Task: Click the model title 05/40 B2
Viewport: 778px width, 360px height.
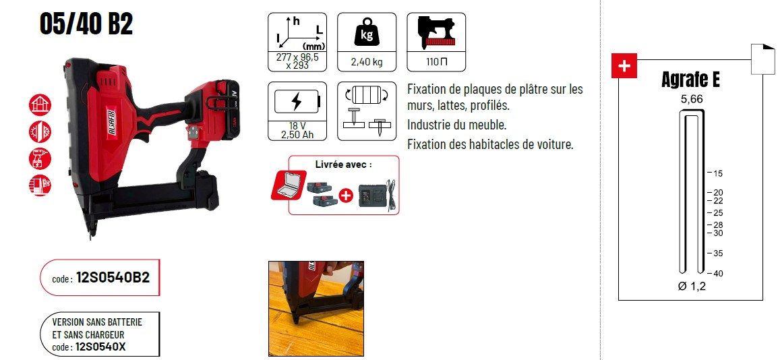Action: [x=86, y=24]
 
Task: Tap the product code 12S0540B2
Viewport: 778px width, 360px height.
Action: [x=113, y=278]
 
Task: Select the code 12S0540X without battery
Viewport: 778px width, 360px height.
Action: [x=100, y=347]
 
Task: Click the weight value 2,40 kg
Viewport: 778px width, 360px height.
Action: [x=367, y=63]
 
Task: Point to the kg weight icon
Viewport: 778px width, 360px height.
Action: [x=367, y=32]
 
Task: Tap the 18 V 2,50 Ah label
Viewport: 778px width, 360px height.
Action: [x=297, y=130]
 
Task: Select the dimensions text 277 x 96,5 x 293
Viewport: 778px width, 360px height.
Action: [x=297, y=61]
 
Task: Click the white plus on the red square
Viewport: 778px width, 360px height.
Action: [x=624, y=65]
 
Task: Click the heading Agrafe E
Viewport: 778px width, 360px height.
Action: [x=690, y=80]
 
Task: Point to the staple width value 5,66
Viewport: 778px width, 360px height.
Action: [x=691, y=99]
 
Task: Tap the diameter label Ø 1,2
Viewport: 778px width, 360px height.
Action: [x=691, y=286]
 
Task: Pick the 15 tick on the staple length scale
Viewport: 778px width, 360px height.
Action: [x=715, y=173]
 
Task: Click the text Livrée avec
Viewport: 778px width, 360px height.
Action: [x=343, y=164]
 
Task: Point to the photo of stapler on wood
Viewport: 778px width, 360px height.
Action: [x=316, y=309]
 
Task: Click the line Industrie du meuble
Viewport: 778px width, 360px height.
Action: [x=456, y=125]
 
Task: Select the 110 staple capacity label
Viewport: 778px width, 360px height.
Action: [x=437, y=62]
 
